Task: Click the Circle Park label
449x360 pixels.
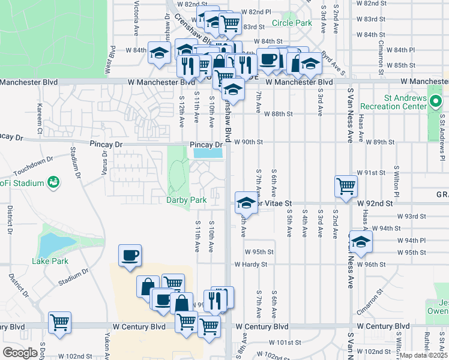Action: click(292, 23)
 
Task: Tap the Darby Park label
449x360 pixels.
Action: click(186, 199)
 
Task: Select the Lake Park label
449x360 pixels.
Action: click(50, 261)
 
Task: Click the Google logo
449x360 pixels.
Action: click(20, 353)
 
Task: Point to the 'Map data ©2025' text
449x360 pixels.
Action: click(423, 355)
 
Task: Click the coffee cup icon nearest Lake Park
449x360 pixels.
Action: click(130, 255)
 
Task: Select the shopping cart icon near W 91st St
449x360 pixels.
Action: click(346, 187)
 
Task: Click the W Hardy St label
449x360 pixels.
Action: click(250, 264)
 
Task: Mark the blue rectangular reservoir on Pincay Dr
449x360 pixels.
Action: click(208, 154)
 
